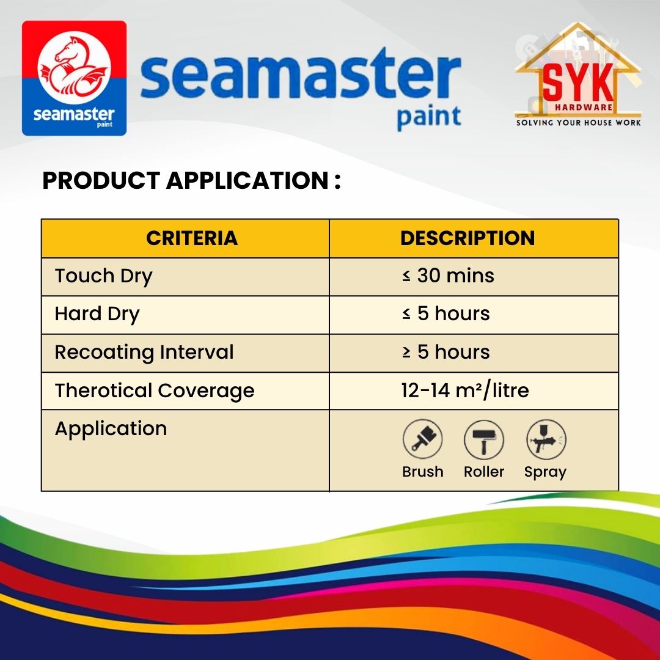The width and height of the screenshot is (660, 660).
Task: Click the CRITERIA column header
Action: pyautogui.click(x=192, y=238)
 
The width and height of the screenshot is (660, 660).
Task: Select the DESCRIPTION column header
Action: pyautogui.click(x=468, y=238)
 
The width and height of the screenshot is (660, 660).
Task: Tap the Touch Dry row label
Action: pyautogui.click(x=103, y=277)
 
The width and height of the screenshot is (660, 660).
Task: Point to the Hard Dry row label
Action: pyautogui.click(x=97, y=315)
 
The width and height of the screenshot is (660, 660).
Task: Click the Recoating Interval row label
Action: pyautogui.click(x=144, y=353)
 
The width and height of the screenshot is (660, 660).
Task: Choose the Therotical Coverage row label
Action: pyautogui.click(x=155, y=391)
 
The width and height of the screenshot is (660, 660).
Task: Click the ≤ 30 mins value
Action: pyautogui.click(x=448, y=276)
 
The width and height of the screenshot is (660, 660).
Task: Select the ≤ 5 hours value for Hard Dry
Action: pyautogui.click(x=446, y=314)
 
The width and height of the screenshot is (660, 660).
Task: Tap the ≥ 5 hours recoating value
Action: pyautogui.click(x=446, y=353)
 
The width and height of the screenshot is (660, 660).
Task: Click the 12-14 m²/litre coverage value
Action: pyautogui.click(x=465, y=391)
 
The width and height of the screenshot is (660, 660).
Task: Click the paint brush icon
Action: pyautogui.click(x=423, y=439)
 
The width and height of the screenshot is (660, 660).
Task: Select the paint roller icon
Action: pyautogui.click(x=484, y=439)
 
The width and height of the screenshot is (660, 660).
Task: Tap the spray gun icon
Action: pyautogui.click(x=546, y=439)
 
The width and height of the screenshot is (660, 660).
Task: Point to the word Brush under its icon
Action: pyautogui.click(x=423, y=472)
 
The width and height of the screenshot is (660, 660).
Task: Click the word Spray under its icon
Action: pyautogui.click(x=545, y=472)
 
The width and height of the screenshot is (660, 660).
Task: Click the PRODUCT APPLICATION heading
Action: pyautogui.click(x=191, y=180)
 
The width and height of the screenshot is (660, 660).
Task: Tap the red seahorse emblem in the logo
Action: pyautogui.click(x=74, y=67)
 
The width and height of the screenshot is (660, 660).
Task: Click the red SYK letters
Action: pyautogui.click(x=578, y=84)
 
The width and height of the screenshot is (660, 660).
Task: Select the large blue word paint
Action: pyautogui.click(x=429, y=117)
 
